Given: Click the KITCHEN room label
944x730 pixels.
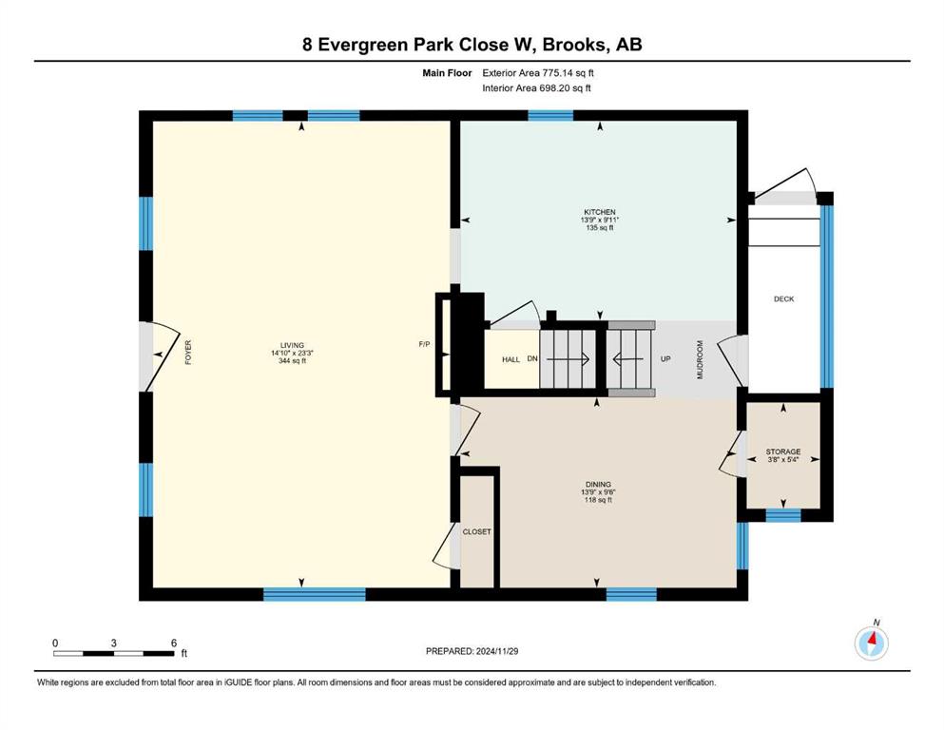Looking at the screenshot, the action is pos(600,212).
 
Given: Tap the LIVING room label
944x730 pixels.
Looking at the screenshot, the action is pos(292,345).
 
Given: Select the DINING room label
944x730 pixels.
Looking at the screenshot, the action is pos(598,485).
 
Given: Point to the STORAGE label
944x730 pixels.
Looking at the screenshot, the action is pos(783,451).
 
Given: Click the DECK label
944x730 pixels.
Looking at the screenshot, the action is pos(784,299).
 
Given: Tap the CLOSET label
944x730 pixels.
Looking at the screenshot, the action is pos(477,532).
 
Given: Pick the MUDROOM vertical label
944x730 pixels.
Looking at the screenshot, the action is pos(701,359).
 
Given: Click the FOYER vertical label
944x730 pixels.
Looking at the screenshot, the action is pos(188,353).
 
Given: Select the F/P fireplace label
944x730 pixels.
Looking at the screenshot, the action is pos(424,344).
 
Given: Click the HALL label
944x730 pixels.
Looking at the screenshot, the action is pos(511,360).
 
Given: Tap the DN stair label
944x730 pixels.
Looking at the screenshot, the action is pos(532,358).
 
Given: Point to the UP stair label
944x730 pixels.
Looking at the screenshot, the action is pos(665,358).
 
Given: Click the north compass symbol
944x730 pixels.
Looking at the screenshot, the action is pos(871,643).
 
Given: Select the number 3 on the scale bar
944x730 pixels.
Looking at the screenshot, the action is pos(114,643).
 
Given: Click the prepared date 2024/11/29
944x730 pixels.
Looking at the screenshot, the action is pos(496,651).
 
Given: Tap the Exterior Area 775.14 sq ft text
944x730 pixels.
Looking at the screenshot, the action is pos(538,73).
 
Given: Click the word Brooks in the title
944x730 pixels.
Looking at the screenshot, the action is pos(575,45).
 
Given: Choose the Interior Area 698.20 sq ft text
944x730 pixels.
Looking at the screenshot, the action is pos(536,87).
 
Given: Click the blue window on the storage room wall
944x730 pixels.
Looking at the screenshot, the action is pos(783,515).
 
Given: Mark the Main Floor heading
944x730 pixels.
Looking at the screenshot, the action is pos(447,73).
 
